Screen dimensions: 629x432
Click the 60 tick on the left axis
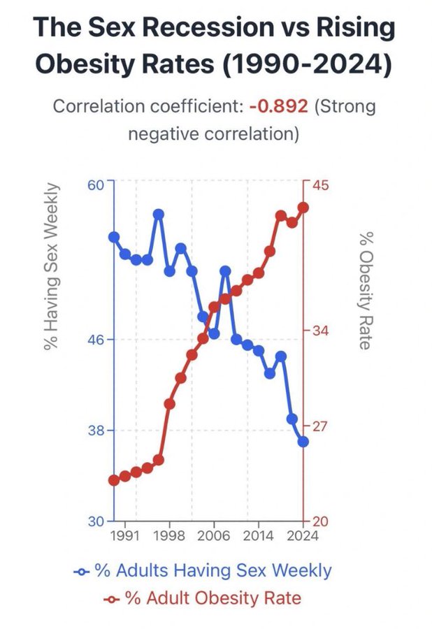pos(96,185)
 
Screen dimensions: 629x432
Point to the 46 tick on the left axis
pos(96,340)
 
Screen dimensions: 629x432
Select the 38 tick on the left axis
pos(96,431)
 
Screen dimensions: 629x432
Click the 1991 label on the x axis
pos(124,537)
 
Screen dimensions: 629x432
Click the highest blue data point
pos(159,215)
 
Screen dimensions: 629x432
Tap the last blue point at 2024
pos(303,442)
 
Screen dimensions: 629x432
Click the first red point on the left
pos(114,480)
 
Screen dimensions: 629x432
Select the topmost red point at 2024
pos(303,208)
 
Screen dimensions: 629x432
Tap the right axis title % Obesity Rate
pos(363,290)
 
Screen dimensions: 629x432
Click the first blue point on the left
pos(114,237)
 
